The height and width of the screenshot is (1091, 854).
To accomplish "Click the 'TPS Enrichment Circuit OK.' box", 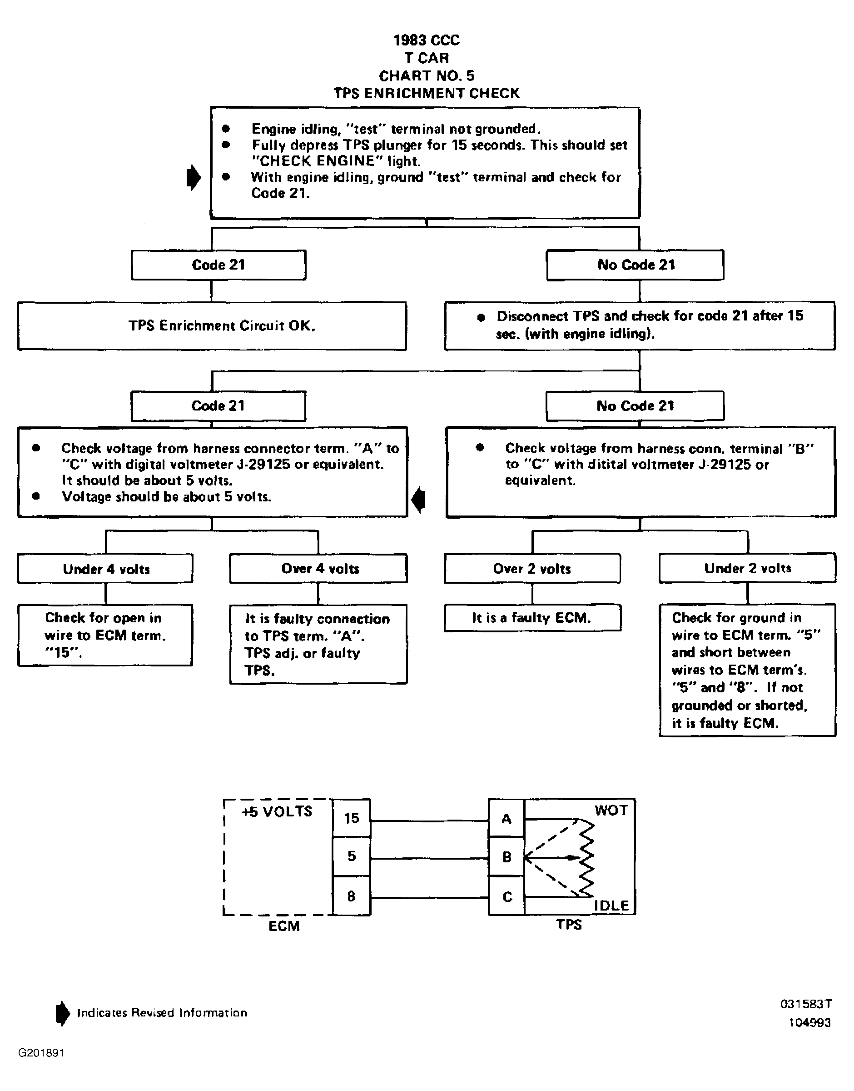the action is click(x=212, y=325).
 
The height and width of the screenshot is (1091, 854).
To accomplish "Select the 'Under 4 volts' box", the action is click(x=105, y=568).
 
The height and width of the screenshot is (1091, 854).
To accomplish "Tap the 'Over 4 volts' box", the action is click(x=318, y=568).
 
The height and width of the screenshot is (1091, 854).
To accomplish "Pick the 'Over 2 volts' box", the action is click(x=532, y=568).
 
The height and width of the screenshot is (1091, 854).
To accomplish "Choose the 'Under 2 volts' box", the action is click(x=748, y=568).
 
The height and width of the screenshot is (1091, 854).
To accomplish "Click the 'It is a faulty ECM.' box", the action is click(x=532, y=618).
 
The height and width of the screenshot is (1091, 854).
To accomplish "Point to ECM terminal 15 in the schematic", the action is click(x=352, y=818).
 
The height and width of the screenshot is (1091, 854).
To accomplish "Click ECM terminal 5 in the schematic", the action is click(x=352, y=856).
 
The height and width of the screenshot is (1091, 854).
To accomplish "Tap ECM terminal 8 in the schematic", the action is click(x=352, y=896).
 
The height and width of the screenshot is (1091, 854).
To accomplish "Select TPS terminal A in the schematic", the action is click(x=506, y=818).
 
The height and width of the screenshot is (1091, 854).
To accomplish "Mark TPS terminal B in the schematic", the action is click(x=506, y=856).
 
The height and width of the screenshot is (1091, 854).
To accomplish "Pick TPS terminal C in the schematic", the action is click(x=506, y=896).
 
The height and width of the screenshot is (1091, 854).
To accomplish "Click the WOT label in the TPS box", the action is click(x=611, y=810).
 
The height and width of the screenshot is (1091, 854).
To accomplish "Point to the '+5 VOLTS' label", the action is click(x=277, y=811).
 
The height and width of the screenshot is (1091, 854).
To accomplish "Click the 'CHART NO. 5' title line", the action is click(x=427, y=75).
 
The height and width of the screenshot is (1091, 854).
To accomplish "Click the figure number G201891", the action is click(x=41, y=1053).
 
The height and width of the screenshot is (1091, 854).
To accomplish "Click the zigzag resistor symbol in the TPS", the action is click(x=586, y=857).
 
